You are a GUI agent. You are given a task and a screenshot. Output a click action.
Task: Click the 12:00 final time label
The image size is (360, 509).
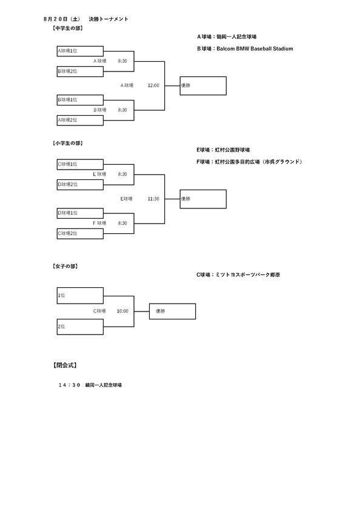153,85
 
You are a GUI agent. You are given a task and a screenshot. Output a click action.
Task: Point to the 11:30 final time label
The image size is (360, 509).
153,199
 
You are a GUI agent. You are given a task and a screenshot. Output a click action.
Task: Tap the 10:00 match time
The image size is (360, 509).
122,311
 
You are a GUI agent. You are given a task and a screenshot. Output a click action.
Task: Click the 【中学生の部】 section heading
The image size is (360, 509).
68,28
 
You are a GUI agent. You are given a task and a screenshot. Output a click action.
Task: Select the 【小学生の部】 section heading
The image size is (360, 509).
68,143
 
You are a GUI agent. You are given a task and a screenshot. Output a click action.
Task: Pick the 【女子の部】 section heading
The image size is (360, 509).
65,266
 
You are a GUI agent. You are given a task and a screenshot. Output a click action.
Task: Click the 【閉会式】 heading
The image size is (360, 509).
65,365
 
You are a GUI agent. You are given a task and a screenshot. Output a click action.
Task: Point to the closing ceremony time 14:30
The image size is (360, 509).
69,385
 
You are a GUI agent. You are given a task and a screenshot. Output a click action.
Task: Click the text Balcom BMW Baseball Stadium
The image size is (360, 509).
255,48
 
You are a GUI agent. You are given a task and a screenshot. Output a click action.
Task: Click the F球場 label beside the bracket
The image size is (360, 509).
99,223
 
